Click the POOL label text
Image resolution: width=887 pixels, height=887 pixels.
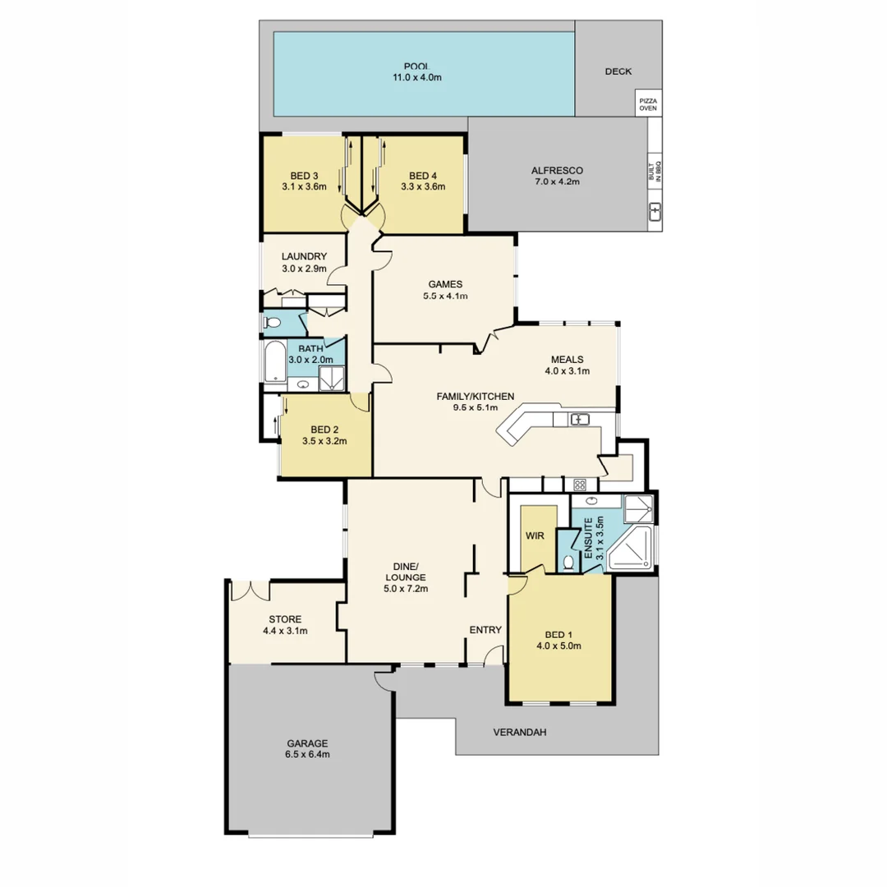coord(423,67)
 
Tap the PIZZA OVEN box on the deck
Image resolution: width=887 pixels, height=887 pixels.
coord(648,104)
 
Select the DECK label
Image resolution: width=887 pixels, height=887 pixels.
coord(618,71)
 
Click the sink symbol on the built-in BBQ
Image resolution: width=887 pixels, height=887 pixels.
coord(655,213)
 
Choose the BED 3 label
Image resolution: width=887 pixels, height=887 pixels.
coord(303,176)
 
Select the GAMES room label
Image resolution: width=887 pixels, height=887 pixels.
coord(444,285)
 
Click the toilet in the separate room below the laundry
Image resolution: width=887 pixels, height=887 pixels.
coord(273,322)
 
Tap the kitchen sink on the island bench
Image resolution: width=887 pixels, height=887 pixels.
coord(581,420)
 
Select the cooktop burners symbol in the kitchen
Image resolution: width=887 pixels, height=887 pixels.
coord(579,484)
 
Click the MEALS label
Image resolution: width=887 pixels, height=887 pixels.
coord(567,359)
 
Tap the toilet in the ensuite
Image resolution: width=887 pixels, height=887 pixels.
coord(569,563)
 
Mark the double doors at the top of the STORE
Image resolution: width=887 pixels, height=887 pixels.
coord(249,591)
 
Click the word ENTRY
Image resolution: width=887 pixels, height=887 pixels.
coord(485,630)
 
